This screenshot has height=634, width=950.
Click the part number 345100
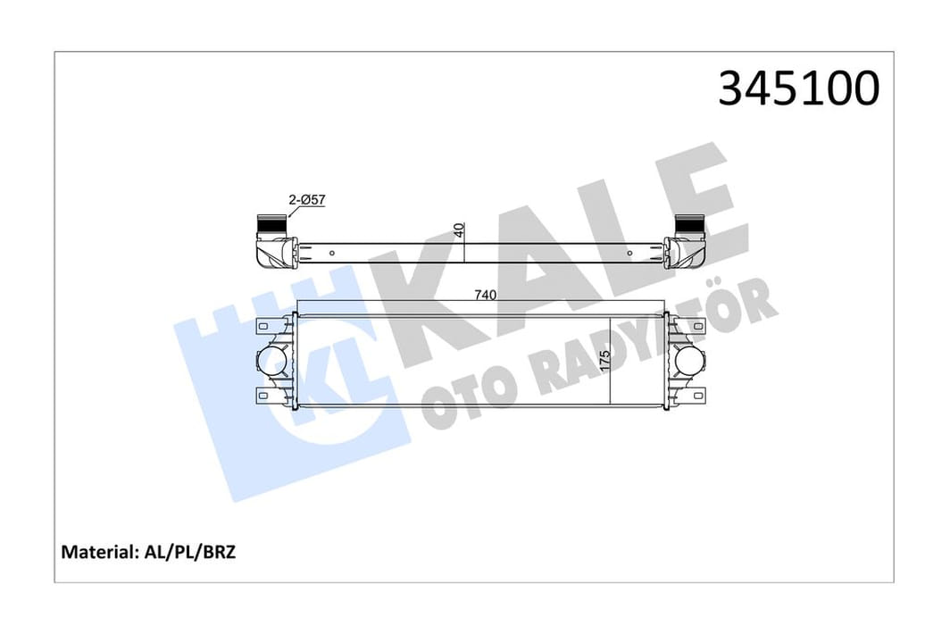tap(798, 88)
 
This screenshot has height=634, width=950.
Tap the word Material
tap(97, 552)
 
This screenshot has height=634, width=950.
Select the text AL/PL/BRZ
tap(189, 552)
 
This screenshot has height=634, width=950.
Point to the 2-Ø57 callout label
tap(307, 199)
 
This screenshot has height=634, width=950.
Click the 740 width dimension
tap(485, 296)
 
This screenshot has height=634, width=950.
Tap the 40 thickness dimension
tap(459, 230)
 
